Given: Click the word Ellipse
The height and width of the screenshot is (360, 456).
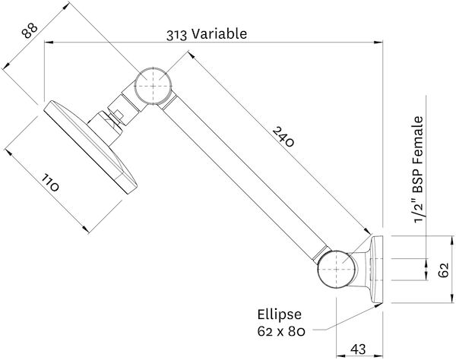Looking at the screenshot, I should [280, 314].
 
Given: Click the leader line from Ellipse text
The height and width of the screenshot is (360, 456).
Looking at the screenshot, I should [323, 322].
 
